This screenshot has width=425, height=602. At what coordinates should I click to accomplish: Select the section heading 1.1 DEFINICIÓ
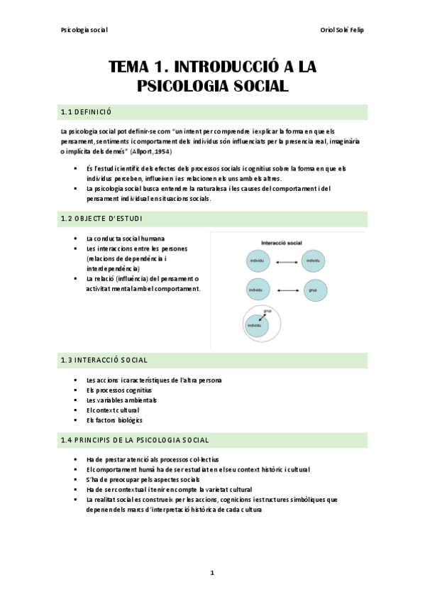tap(87, 112)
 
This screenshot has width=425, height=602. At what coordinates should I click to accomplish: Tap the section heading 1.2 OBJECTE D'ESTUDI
tap(101, 219)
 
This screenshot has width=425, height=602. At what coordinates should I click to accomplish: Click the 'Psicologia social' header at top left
tap(84, 29)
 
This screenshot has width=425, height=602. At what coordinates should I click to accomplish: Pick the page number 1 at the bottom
tap(212, 572)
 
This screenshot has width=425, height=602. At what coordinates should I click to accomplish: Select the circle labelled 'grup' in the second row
tap(312, 290)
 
